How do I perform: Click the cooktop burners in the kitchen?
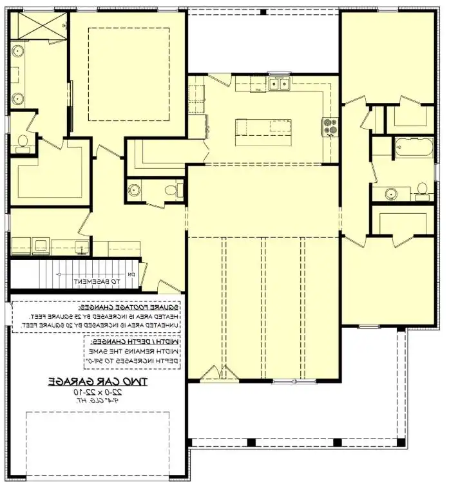(330, 126)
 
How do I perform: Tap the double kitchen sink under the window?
(280, 83)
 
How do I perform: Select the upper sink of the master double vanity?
(17, 50)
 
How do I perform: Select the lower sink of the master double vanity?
(17, 98)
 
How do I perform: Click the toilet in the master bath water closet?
(23, 142)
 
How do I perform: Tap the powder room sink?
(135, 189)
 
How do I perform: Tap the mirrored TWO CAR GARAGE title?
(97, 381)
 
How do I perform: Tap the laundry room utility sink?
(81, 245)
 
